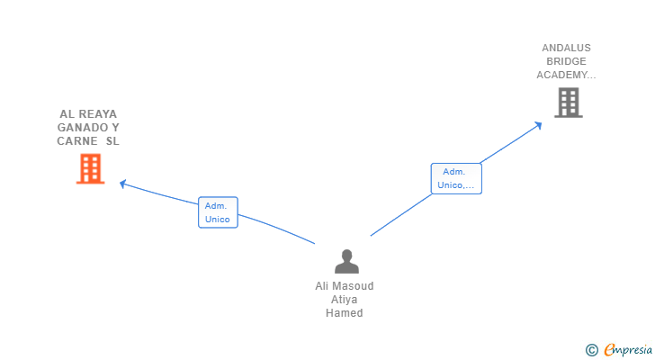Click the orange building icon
[x=90, y=168]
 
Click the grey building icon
[x=568, y=103]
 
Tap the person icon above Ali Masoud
[x=346, y=262]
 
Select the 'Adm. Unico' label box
[x=218, y=212]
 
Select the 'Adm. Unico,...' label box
[x=456, y=178]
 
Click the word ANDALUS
[x=566, y=48]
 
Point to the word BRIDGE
[x=566, y=61]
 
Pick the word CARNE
[x=76, y=141]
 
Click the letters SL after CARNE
[x=112, y=141]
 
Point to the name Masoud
[x=353, y=286]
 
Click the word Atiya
[x=345, y=300]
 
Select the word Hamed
[x=345, y=313]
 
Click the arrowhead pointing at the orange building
[x=123, y=184]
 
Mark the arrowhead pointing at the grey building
[x=539, y=124]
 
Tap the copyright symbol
[x=591, y=350]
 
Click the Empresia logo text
[x=627, y=349]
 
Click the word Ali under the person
[x=322, y=286]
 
